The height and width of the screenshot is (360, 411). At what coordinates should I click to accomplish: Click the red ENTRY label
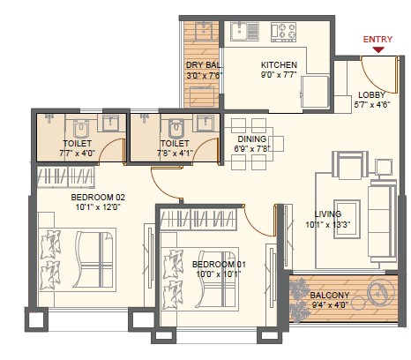pos(378,39)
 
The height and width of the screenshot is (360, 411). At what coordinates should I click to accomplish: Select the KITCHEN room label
pos(279,66)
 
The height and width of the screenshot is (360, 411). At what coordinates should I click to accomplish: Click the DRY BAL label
pos(203,66)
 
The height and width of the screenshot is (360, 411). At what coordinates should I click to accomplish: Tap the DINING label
pos(252,138)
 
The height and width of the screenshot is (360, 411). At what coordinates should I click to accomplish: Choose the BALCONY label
pos(330,296)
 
